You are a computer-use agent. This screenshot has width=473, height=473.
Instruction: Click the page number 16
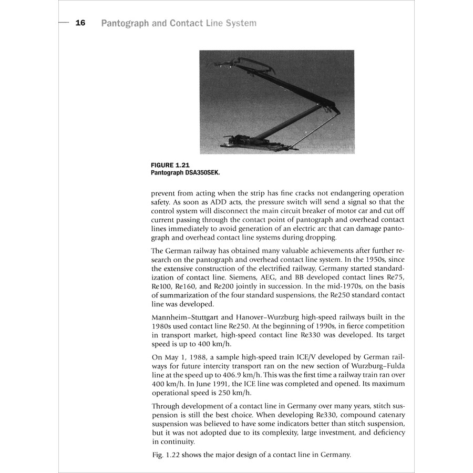(x=80, y=23)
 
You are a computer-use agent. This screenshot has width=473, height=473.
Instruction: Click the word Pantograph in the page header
(x=124, y=24)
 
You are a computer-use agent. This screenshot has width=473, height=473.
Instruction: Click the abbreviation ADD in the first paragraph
(x=219, y=202)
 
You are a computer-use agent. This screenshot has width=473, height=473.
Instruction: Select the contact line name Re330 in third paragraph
(x=312, y=335)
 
